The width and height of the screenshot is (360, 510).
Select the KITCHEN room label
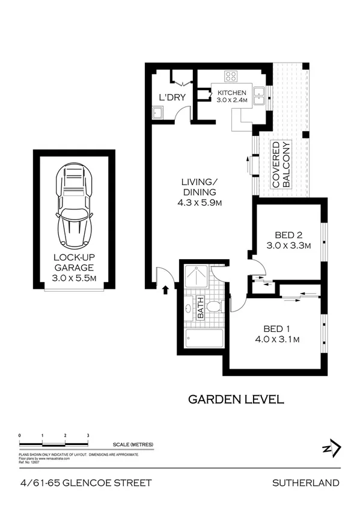231,92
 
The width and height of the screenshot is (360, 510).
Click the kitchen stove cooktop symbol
231,76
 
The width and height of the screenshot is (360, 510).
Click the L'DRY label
171,97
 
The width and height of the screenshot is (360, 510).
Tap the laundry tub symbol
158,112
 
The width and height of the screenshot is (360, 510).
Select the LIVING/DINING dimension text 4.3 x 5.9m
200,203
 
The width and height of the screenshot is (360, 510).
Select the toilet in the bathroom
217,307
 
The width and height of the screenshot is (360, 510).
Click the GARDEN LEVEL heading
236,399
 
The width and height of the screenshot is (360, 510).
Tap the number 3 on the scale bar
88,434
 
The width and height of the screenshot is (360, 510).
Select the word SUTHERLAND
306,482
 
